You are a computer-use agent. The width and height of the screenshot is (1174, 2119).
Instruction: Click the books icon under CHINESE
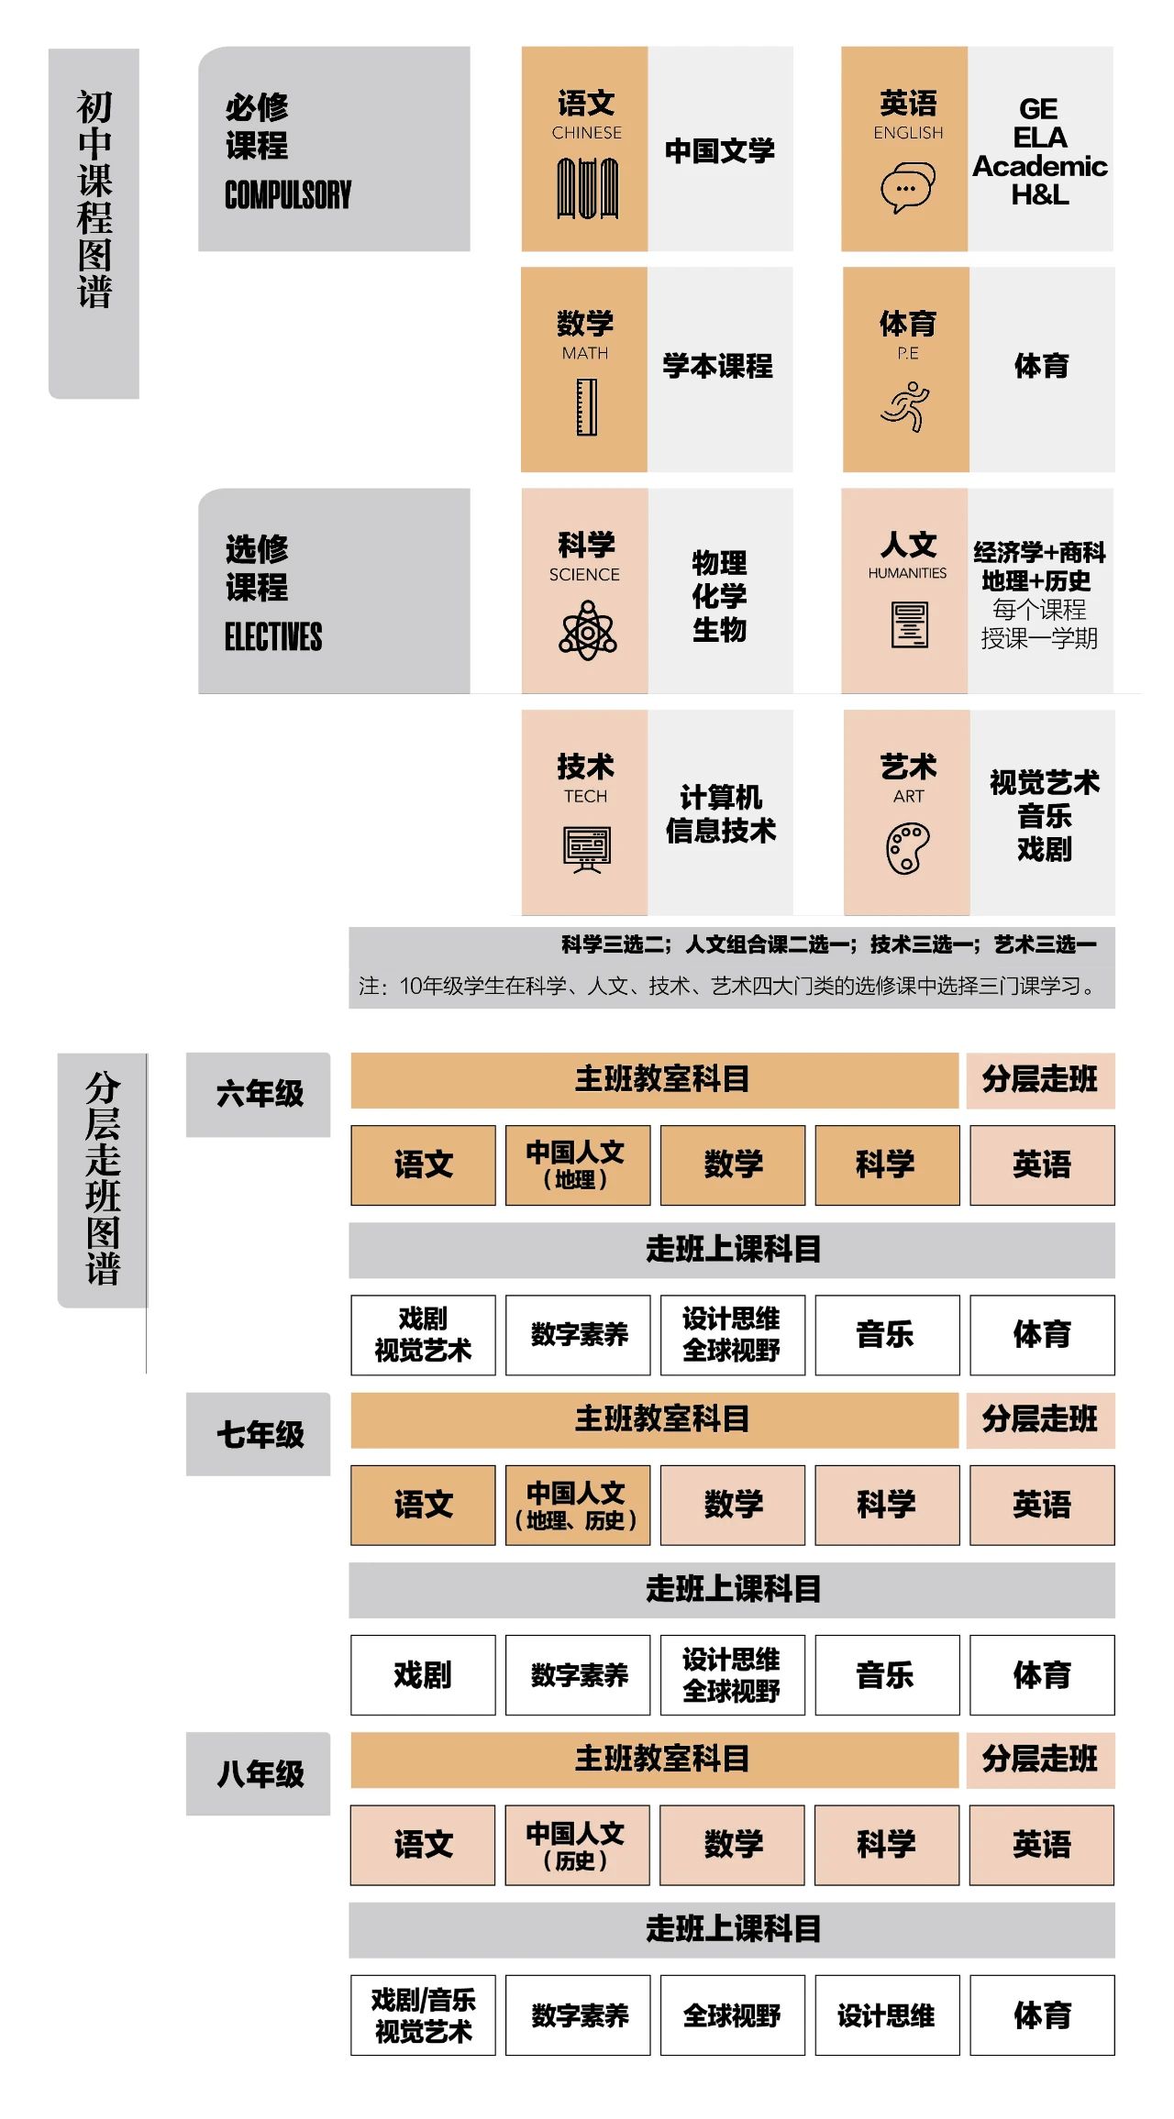coord(587,188)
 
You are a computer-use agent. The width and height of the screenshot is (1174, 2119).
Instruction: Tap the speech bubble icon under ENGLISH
coord(908,188)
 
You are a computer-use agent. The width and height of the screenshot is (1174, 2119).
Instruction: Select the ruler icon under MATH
coord(586,407)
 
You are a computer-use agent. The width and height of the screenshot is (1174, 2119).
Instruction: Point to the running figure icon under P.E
coord(905,407)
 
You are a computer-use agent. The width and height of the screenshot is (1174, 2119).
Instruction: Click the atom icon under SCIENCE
coord(587,630)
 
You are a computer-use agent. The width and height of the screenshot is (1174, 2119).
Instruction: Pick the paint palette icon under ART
coord(908,848)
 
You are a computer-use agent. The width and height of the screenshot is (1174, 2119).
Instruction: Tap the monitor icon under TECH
coord(587,850)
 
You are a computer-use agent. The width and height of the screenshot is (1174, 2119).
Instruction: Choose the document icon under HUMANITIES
coord(909,625)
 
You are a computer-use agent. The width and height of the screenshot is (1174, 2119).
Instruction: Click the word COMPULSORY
coord(288,194)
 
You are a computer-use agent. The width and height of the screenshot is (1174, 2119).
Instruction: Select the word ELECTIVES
coord(273,636)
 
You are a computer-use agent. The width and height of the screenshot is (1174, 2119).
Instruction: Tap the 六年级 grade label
coord(259,1094)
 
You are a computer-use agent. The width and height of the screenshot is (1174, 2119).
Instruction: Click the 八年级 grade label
coord(259,1774)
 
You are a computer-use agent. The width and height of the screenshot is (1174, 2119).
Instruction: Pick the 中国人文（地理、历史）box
coord(578,1505)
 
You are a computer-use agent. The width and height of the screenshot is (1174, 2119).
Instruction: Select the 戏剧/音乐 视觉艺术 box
coord(423,2015)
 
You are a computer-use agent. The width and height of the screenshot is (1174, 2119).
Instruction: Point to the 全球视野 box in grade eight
coord(733,2015)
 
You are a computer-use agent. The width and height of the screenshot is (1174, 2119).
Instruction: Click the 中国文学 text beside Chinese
coord(720,150)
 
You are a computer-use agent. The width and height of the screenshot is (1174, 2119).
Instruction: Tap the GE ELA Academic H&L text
coord(1040,151)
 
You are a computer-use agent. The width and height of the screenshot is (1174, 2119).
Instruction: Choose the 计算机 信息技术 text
coord(721,813)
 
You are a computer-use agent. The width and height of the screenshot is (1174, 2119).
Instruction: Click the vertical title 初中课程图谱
coord(94,199)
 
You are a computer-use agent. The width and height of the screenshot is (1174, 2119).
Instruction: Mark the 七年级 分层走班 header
coord(1040,1419)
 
